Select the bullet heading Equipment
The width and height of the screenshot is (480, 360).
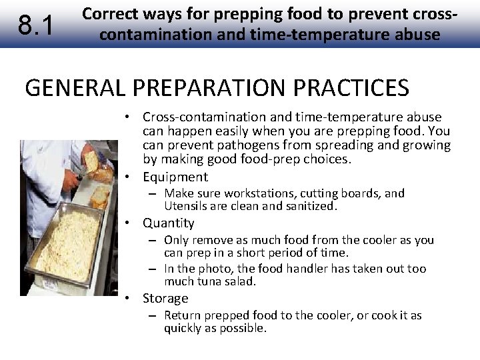coord(175,177)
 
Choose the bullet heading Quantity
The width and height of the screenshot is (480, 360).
coord(169,223)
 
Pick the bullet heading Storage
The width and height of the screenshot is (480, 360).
coord(165,298)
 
